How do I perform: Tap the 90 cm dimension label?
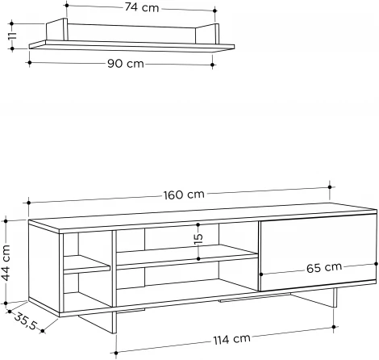click(x=123, y=65)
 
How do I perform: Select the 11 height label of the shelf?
click(x=10, y=39)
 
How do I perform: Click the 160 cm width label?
click(x=184, y=195)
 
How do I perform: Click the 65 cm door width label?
click(x=325, y=267)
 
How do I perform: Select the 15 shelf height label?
click(x=198, y=239)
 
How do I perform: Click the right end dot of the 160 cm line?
click(x=331, y=182)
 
